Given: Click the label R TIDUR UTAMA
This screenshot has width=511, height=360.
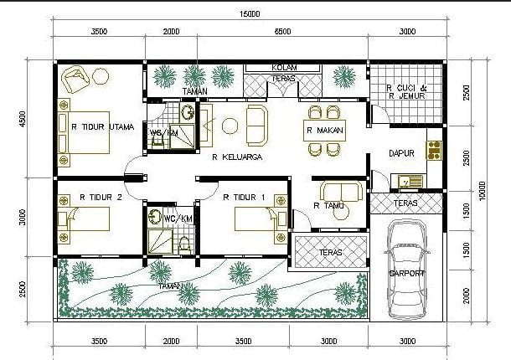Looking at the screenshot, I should tap(96, 128).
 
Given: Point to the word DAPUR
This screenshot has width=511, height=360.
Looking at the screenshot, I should tap(403, 153).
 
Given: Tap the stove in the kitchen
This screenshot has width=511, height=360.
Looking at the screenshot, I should tap(435, 150).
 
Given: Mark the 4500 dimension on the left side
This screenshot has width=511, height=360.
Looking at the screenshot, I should tap(22, 118).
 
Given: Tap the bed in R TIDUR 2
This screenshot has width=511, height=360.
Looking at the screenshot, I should tap(84, 220).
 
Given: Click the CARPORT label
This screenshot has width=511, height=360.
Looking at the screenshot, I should tap(406, 274).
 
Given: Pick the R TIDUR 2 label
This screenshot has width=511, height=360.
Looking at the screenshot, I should tap(101, 198).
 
